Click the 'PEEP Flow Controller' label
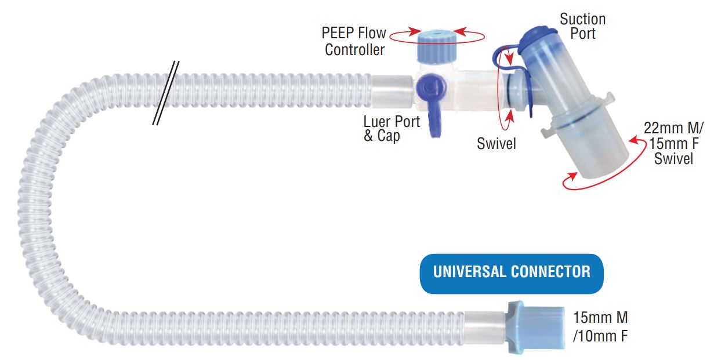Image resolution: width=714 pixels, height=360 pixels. point(355,41)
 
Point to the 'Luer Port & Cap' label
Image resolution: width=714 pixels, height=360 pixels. point(383,129)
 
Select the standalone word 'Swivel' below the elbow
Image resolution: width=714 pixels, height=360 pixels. point(496,143)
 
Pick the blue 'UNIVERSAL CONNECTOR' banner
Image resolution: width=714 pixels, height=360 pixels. point(512,272)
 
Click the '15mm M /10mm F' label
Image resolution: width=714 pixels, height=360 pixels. point(600,326)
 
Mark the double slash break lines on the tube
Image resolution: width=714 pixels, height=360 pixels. point(165,93)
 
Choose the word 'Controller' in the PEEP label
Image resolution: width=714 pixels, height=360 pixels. point(354,50)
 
